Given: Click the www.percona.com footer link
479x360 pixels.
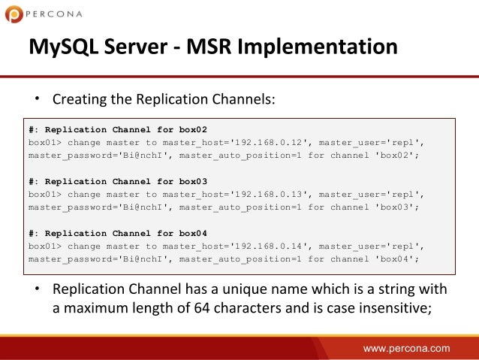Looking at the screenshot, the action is click(x=407, y=348).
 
